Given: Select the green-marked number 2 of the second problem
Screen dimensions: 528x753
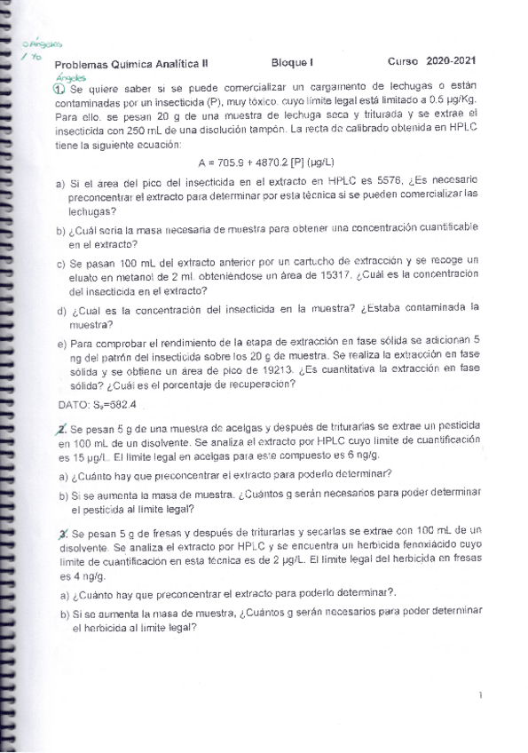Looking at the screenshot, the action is pyautogui.click(x=59, y=427).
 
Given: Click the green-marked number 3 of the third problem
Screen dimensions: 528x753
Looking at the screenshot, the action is pyautogui.click(x=59, y=534).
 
